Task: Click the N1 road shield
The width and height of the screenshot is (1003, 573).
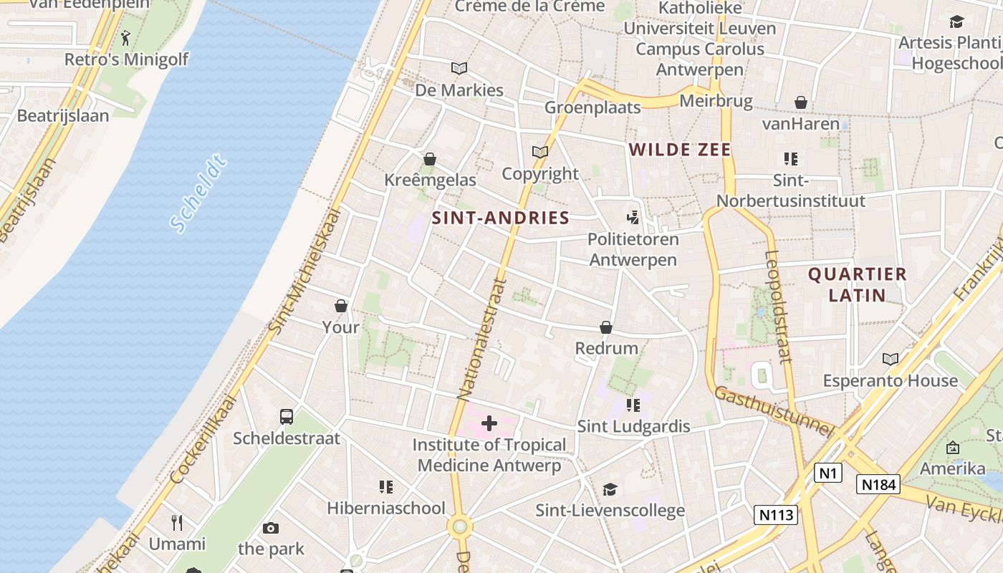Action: point(827,473)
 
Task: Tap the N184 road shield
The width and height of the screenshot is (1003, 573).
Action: point(878,485)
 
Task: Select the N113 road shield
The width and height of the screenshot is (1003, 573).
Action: point(775,514)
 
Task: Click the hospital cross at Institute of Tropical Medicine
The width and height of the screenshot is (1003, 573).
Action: point(489,423)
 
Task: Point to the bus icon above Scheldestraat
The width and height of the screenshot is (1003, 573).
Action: point(286,417)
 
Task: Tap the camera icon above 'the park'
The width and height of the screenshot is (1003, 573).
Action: point(270,529)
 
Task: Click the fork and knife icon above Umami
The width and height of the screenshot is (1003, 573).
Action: point(177,522)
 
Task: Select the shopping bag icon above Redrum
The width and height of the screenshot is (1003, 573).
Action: point(606,327)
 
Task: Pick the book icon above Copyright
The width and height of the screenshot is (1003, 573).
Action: point(539,152)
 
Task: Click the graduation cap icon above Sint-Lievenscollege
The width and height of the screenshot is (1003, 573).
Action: point(610,489)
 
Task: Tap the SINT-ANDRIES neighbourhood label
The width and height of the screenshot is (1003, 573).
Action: point(501,218)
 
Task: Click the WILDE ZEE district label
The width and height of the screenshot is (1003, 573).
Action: point(680,150)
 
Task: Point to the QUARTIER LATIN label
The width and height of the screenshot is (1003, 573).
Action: point(857,284)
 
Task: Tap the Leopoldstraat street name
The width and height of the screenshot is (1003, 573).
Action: point(777,307)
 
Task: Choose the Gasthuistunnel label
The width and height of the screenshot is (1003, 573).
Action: point(774,412)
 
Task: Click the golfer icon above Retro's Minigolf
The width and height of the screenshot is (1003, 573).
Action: point(126,37)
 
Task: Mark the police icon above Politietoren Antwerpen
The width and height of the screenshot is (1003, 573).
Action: point(633,217)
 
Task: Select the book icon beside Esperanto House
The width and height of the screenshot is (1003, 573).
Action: point(891,359)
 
